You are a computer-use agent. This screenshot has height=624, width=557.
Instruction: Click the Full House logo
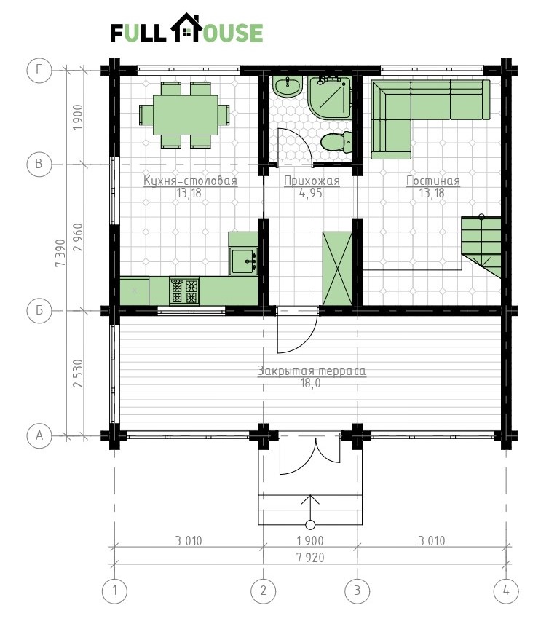pos(186,28)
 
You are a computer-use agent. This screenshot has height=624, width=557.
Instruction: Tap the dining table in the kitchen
pos(186,115)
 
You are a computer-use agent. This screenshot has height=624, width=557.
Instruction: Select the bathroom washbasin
pos(288,87)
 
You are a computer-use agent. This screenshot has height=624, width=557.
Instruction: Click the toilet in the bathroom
pos(336,142)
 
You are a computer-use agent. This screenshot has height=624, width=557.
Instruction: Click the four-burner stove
pos(184,291)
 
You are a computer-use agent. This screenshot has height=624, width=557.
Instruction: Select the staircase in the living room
pos(481,247)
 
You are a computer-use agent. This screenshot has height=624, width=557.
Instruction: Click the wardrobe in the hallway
pos(337,268)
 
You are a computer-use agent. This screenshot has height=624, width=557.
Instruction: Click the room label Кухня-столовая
pos(190,181)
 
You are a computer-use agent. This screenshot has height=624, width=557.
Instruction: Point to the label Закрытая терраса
pos(311,371)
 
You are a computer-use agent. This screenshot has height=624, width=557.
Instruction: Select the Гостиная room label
pos(433,181)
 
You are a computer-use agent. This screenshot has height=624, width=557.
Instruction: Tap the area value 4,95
pos(311,193)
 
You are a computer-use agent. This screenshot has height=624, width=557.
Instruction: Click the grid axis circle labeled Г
pos(39,70)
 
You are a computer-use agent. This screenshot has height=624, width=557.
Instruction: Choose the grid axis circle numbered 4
pos(506,591)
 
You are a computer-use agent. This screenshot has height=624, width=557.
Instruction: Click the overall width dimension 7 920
pos(310,558)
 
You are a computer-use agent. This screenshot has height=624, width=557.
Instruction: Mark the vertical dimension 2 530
pos(78,374)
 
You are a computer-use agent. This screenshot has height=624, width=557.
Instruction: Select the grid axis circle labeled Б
pos(39,310)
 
